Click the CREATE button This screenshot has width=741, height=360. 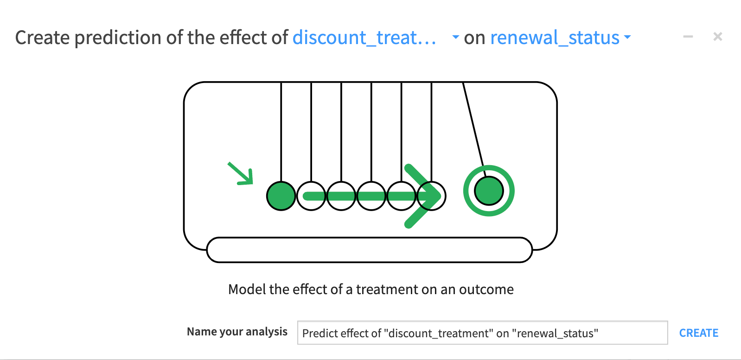699,333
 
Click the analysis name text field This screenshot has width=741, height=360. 482,333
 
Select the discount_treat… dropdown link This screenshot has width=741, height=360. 364,38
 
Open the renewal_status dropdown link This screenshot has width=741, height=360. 555,38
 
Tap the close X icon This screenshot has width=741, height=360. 717,36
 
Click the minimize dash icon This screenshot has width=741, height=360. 688,36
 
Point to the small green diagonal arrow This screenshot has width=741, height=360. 241,174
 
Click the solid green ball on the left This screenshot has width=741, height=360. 281,196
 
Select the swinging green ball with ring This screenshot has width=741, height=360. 489,191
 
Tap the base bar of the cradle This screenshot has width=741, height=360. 370,250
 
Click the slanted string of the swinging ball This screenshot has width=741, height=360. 474,129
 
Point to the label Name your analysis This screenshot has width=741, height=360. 237,332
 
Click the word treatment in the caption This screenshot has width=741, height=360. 387,289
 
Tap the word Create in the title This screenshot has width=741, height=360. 42,38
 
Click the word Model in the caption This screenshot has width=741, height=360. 247,289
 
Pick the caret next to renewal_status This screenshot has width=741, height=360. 627,37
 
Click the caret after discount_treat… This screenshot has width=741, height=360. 455,37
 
